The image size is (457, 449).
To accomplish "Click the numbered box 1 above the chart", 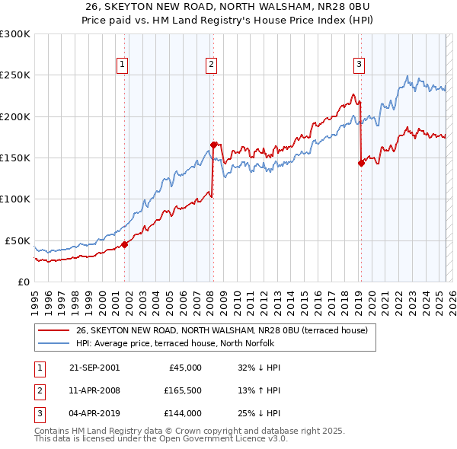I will point(122,65).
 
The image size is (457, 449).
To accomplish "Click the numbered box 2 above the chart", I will point(210,65).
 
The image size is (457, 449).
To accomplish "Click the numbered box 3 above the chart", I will point(358,65).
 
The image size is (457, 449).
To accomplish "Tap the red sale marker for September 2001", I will point(124,244).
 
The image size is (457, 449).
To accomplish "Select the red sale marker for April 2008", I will point(213,144).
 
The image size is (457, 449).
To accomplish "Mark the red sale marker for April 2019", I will point(361,162).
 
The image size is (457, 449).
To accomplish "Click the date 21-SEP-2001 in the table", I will point(95,368).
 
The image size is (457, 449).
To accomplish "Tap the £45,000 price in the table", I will point(184,368).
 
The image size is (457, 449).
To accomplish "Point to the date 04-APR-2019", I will point(94,413).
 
